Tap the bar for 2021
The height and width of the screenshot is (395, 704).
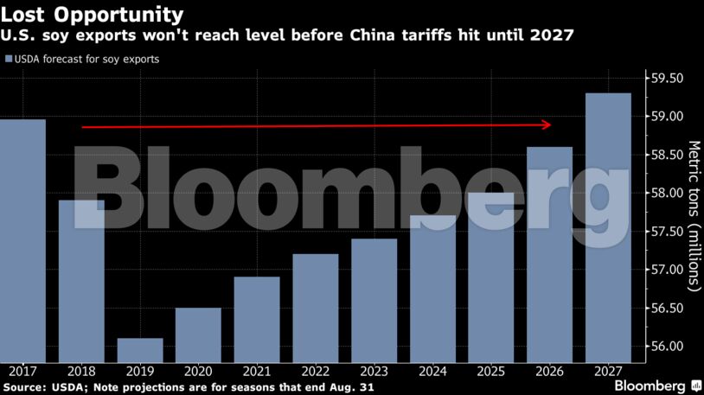(257, 319)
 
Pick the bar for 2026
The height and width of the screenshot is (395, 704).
(549, 254)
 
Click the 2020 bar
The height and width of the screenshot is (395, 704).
(198, 334)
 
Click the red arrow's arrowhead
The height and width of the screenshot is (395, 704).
(547, 124)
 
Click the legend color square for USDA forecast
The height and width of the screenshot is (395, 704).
(8, 60)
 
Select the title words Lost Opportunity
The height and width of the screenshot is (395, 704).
(93, 15)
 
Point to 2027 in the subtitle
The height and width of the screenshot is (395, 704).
(554, 35)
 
